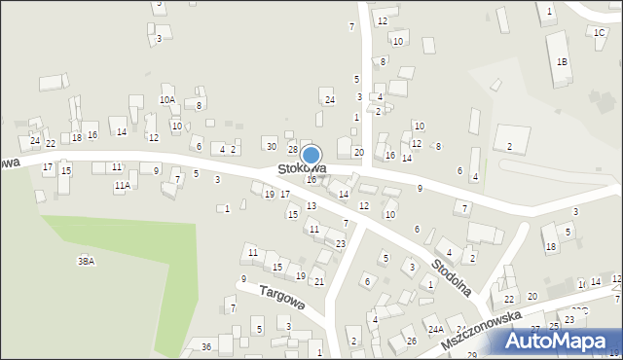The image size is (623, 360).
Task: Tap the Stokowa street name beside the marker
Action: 300,169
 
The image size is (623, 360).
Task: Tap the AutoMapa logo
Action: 562,342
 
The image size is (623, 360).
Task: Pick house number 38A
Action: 87,261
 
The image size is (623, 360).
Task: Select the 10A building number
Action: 167,99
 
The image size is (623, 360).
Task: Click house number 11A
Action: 122,185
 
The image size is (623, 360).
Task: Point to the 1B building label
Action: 562,61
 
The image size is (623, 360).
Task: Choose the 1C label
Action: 600,32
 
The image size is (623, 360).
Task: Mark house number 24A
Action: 435,331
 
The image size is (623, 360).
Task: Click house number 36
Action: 206,347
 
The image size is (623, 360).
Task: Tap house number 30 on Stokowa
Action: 271,146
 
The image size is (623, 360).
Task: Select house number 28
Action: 292,149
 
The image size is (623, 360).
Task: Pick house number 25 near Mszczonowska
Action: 554,325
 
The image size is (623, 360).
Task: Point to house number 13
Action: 311,206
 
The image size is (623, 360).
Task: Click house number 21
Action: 318,281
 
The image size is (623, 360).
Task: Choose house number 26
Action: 412,341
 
